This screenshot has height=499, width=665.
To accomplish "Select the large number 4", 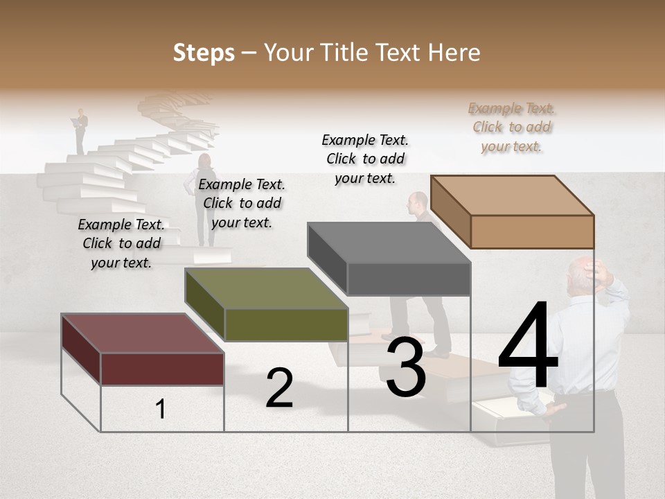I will [528, 347].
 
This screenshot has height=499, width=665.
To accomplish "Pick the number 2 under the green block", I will [279, 388].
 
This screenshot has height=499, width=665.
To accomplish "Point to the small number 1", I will [161, 410].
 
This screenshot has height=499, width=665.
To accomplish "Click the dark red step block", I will [142, 351].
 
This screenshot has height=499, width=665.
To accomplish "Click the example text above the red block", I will [121, 243].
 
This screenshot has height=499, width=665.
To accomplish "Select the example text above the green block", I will [242, 203].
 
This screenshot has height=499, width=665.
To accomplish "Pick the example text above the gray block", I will [365, 159].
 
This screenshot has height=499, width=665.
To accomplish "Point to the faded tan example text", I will [512, 127].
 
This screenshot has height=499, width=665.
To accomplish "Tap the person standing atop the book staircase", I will [81, 130].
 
